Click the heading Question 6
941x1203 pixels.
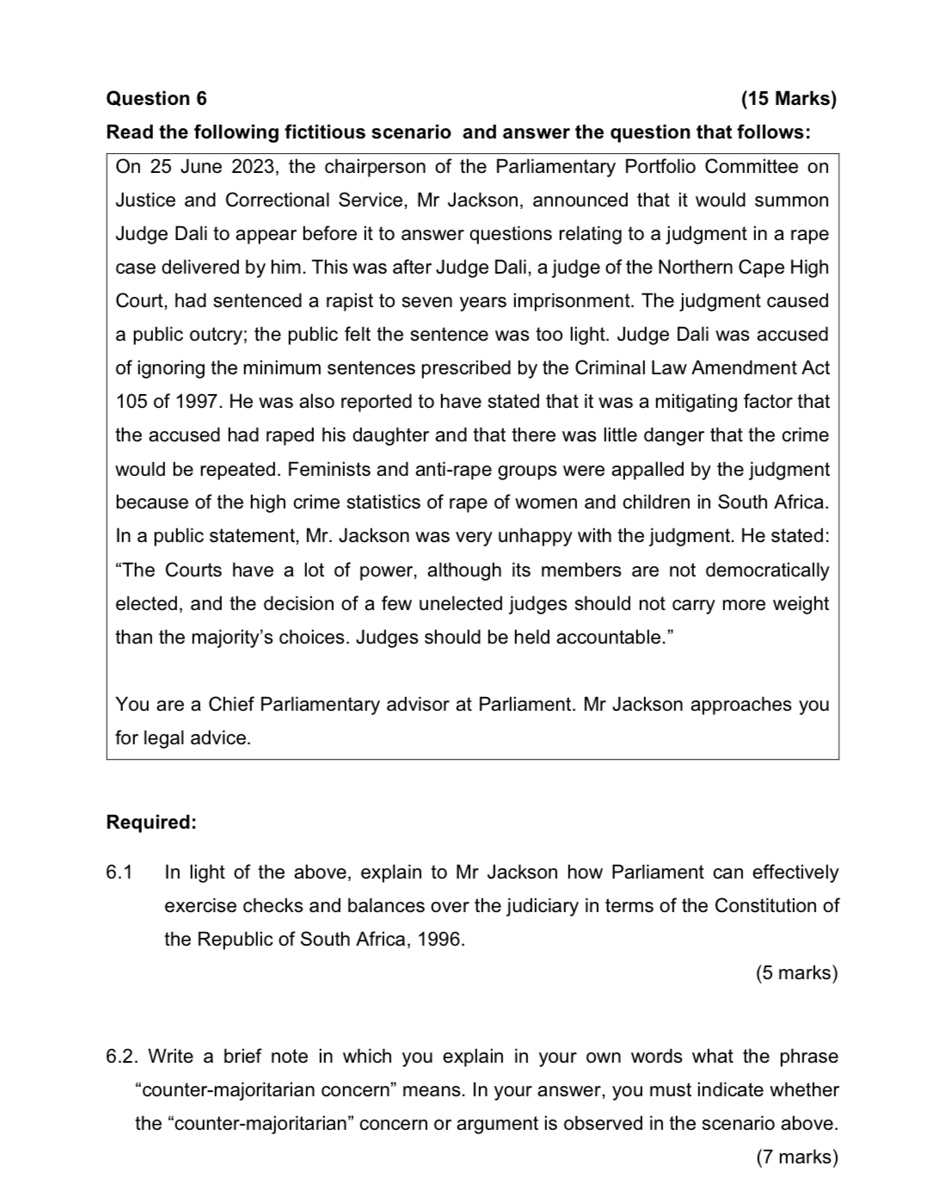[156, 99]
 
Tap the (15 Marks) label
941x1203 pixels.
[788, 99]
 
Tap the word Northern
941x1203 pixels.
[692, 268]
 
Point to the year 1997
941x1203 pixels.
[196, 402]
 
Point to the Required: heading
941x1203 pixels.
[151, 823]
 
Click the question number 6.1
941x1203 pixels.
[120, 873]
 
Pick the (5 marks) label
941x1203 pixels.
[796, 973]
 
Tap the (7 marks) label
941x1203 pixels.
[796, 1157]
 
